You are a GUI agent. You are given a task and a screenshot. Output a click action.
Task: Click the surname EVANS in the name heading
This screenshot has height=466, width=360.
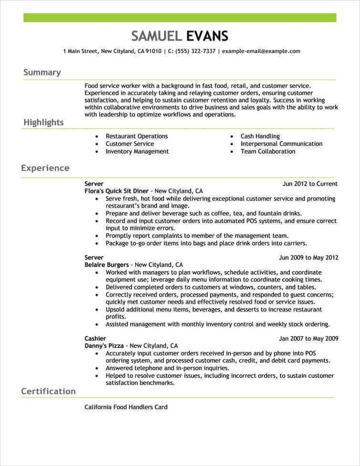point(207,36)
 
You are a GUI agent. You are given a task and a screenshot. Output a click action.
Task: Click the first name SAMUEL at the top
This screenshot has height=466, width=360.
point(156,36)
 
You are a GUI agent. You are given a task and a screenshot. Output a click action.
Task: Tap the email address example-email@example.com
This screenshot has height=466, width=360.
point(261,51)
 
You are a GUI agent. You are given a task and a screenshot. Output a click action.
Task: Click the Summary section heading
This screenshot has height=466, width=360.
point(42,72)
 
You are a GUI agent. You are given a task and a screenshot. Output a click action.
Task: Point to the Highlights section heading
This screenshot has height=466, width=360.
point(43,123)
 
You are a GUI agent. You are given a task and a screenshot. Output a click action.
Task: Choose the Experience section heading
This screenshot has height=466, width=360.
point(45,168)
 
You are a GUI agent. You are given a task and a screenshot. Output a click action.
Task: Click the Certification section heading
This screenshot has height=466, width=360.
point(48,392)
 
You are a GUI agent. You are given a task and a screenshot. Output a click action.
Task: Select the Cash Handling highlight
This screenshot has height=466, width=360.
point(260,136)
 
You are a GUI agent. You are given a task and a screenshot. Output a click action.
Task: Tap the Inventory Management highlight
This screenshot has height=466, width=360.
point(137,151)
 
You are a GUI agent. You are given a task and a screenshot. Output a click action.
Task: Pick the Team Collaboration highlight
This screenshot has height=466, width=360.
point(267,151)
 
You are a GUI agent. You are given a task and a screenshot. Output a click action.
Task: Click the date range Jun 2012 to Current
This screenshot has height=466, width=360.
point(310,184)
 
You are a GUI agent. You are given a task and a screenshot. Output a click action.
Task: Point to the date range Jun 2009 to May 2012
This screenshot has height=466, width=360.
point(309,258)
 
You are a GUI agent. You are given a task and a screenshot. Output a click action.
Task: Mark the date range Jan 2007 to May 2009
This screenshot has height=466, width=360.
point(309,339)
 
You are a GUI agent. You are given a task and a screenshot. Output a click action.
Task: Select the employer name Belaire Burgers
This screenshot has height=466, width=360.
point(106,265)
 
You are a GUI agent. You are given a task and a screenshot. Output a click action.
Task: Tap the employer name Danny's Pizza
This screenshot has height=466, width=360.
point(104,346)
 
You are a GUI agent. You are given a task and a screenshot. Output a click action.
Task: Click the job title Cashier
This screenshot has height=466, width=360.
point(95,339)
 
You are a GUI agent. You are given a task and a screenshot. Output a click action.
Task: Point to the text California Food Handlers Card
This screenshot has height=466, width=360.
point(126,407)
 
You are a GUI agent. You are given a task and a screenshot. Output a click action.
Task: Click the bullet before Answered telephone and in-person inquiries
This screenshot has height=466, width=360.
point(97,369)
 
